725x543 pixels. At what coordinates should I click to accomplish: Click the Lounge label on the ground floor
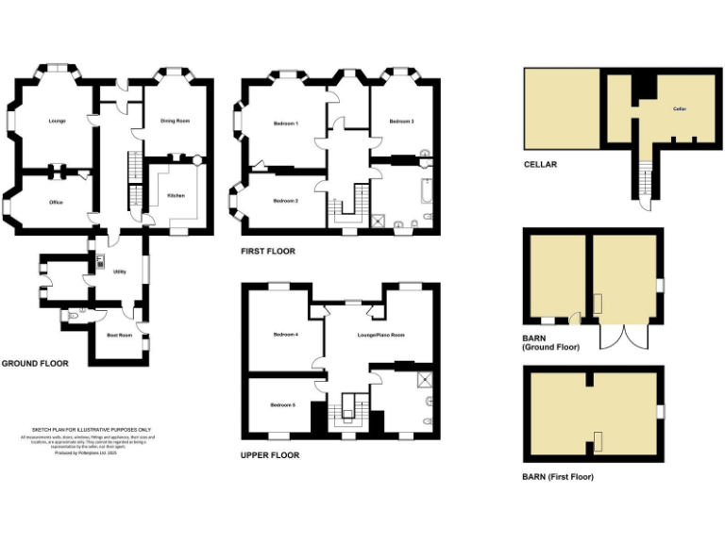click(x=57, y=121)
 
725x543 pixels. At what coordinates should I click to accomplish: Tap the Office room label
click(x=56, y=202)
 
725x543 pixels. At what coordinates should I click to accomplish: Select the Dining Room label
click(x=175, y=121)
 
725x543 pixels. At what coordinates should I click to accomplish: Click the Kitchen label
click(x=176, y=195)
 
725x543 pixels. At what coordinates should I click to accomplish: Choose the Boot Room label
click(x=119, y=335)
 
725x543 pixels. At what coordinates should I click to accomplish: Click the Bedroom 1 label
click(x=286, y=123)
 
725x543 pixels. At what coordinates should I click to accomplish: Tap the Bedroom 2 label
click(x=286, y=201)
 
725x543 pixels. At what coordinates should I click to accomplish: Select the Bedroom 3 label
click(x=402, y=122)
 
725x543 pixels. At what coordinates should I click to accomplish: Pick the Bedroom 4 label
click(x=286, y=335)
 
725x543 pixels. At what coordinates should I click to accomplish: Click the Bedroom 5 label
click(x=282, y=404)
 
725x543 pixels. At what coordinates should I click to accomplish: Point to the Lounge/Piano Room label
click(x=380, y=335)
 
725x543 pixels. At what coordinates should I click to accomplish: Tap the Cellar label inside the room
click(x=679, y=109)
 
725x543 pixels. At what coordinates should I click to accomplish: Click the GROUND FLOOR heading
click(x=35, y=363)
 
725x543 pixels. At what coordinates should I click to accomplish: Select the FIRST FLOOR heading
click(x=268, y=252)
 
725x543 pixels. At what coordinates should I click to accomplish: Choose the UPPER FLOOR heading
click(x=270, y=455)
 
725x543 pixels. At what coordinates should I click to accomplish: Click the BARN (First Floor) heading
click(x=558, y=477)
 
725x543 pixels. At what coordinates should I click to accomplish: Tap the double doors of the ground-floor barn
click(x=614, y=337)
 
